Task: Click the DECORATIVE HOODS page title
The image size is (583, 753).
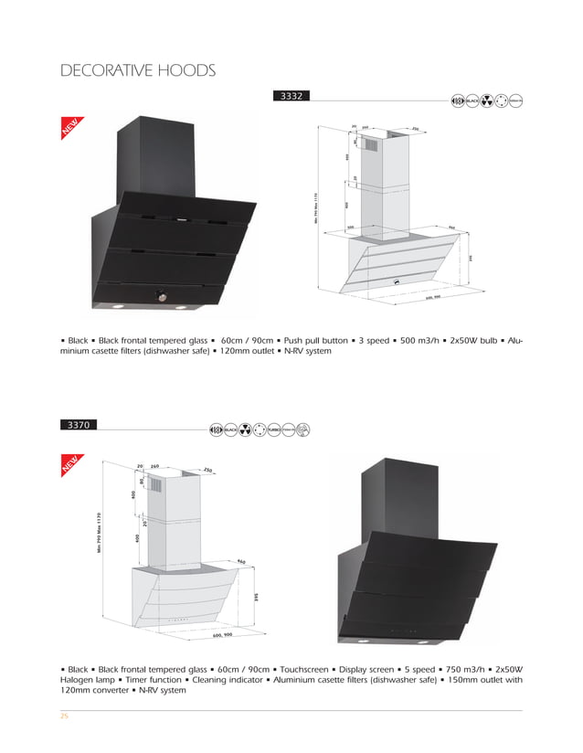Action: [137, 71]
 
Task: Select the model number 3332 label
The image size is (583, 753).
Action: [292, 95]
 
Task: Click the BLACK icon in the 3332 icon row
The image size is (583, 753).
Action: [473, 100]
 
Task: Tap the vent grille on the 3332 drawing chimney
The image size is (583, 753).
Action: [371, 144]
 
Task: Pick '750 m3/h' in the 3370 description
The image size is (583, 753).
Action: [474, 668]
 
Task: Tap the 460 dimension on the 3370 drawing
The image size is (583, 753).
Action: [240, 561]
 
